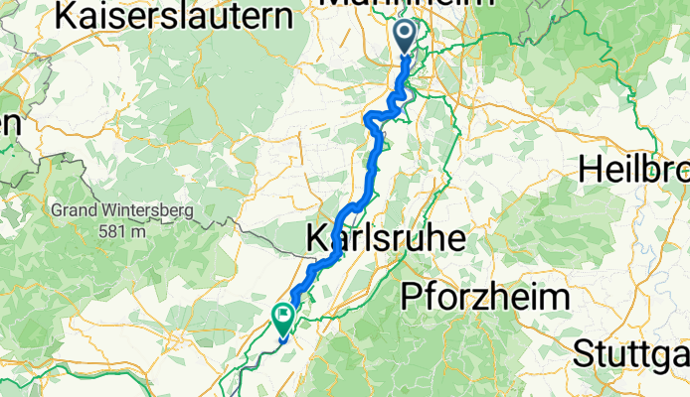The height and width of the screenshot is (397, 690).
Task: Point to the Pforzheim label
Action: [x=485, y=297]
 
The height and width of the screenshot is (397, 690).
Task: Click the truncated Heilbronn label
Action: [x=634, y=170]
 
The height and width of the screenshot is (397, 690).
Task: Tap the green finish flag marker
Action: [x=283, y=319]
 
